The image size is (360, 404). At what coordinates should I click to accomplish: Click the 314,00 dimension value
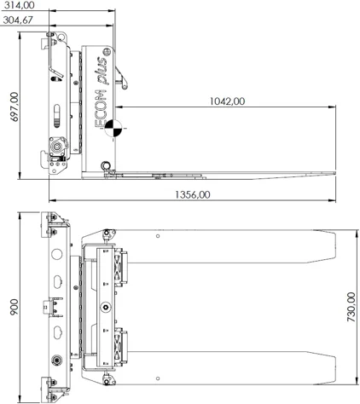pyautogui.click(x=19, y=5)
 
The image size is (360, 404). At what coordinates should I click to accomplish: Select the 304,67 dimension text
pyautogui.click(x=18, y=20)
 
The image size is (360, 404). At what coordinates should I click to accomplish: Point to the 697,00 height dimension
pyautogui.click(x=14, y=107)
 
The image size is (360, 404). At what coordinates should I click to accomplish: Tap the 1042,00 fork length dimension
pyautogui.click(x=227, y=101)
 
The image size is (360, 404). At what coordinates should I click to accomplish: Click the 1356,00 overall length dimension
pyautogui.click(x=193, y=194)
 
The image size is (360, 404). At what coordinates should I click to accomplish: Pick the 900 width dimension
pyautogui.click(x=14, y=307)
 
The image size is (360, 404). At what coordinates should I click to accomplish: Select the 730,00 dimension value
pyautogui.click(x=351, y=307)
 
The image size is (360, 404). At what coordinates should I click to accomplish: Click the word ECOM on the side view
pyautogui.click(x=101, y=108)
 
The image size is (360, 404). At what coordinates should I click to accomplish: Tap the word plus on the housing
pyautogui.click(x=102, y=71)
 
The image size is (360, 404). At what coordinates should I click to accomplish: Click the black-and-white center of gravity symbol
pyautogui.click(x=113, y=129)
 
